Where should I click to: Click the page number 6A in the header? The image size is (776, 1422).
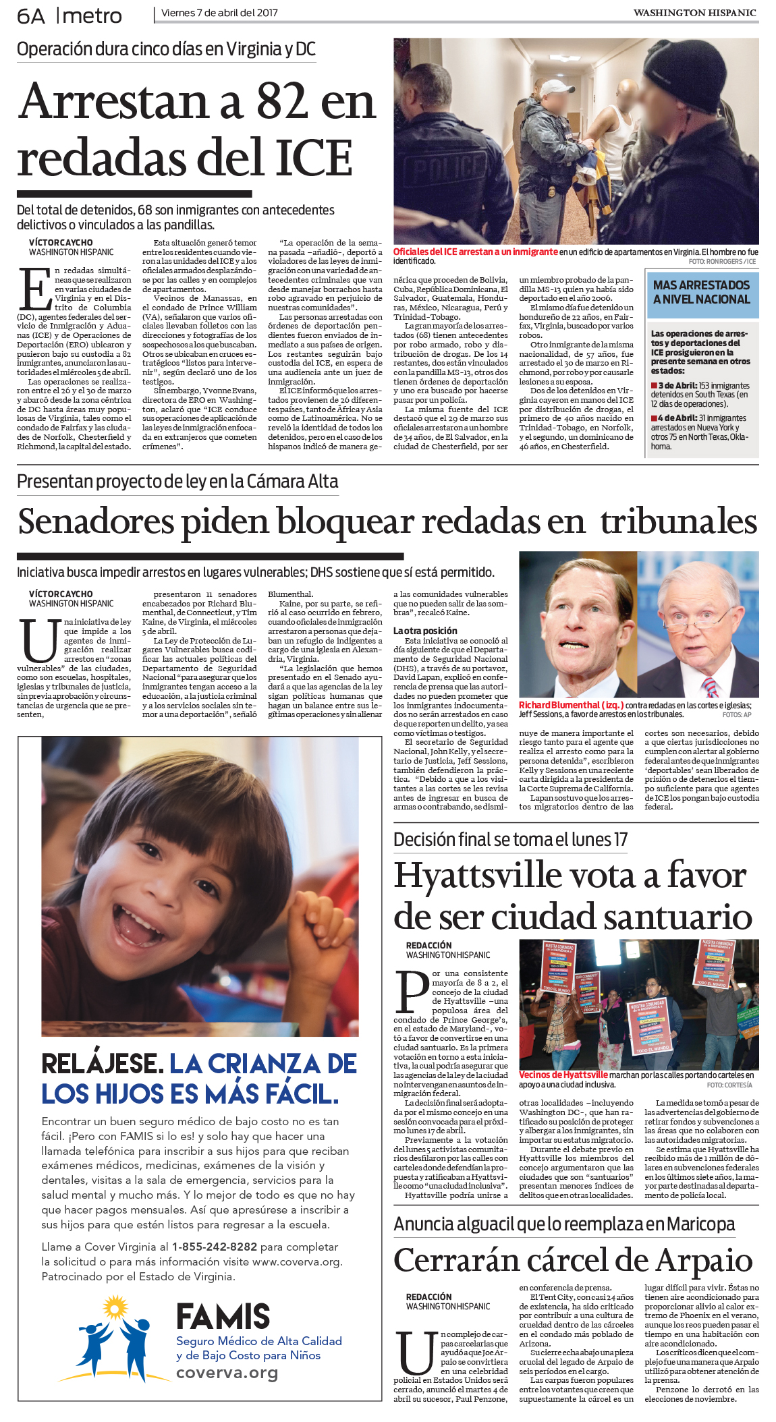coord(30,16)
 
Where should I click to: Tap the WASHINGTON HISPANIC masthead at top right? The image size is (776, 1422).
coord(694,13)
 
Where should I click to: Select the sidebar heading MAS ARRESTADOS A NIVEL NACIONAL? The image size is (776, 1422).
coord(701,292)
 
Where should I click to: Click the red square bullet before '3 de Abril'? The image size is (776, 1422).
coord(654,385)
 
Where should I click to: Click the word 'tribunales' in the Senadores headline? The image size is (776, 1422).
coord(678,521)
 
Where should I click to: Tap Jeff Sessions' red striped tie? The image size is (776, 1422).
coord(709,687)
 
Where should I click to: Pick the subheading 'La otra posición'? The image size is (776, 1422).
coord(425,631)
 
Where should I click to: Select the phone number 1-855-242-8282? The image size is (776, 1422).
coord(215,1247)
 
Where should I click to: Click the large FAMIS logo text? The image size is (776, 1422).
coord(223,1316)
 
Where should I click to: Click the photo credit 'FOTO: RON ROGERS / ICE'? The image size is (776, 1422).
coord(722,261)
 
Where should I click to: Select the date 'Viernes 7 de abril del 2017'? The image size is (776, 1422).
coord(219,13)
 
